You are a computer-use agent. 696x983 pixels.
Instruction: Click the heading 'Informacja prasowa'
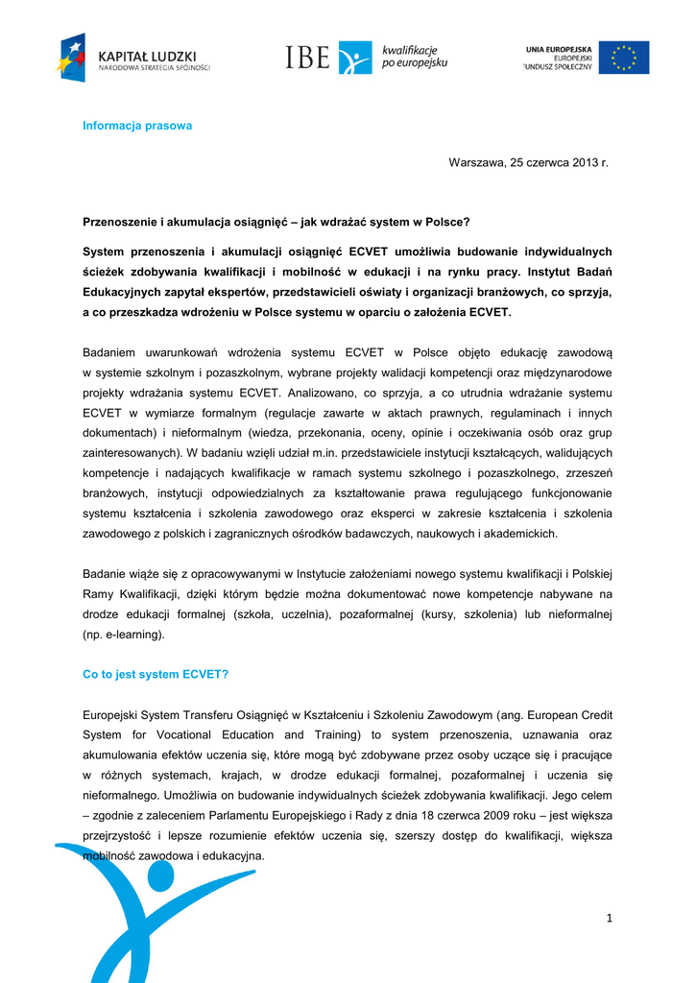click(x=137, y=126)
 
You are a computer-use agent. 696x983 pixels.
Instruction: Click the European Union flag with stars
click(x=624, y=58)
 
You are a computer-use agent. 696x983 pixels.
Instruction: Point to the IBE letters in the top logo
click(x=307, y=58)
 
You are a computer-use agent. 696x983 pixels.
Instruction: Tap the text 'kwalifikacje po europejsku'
click(x=414, y=57)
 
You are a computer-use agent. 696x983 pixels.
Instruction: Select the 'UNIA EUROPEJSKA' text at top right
click(x=558, y=49)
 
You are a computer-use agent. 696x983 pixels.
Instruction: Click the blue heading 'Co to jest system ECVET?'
click(x=156, y=674)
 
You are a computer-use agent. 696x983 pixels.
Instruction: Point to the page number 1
click(x=609, y=919)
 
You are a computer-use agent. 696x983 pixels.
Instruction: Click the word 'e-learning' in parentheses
click(x=132, y=635)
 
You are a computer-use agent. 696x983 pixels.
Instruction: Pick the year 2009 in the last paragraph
click(x=544, y=815)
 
